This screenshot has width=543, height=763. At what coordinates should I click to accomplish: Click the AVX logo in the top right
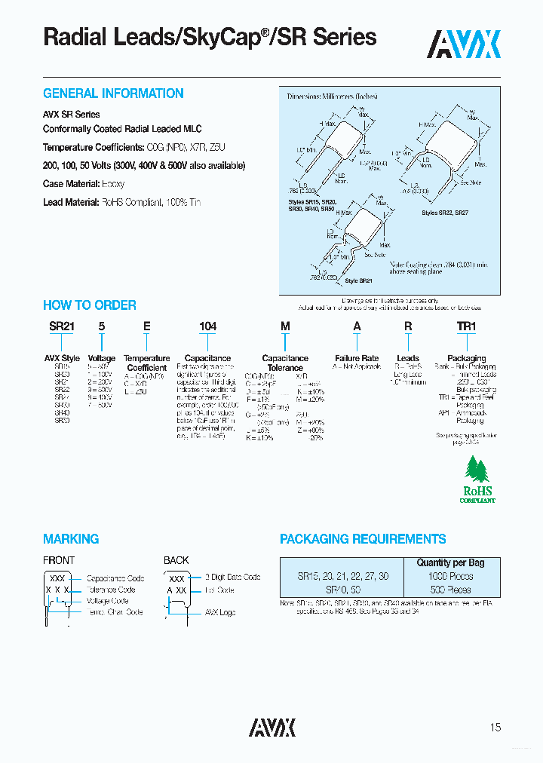coord(465,44)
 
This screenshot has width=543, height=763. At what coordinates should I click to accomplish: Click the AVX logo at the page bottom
coord(272,727)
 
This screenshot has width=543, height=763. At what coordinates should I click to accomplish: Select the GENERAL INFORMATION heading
coord(113,93)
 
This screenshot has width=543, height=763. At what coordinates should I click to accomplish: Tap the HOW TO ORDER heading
coord(90,305)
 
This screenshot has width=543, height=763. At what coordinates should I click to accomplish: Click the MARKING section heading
coord(71,539)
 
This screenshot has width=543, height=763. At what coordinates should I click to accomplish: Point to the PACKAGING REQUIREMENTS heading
coord(363,539)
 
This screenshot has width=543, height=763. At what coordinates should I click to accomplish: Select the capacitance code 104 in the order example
coord(207,326)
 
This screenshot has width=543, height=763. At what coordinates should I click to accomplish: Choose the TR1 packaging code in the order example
coord(467,326)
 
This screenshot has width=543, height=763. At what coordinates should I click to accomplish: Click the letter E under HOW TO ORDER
coord(147,326)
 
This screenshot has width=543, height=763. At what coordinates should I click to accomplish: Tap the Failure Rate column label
coord(357,358)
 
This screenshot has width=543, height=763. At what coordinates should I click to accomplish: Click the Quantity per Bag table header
coord(450,562)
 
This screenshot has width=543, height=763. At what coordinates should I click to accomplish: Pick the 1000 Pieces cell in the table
coord(450,576)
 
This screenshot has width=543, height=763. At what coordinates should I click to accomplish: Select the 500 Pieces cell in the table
coord(450,590)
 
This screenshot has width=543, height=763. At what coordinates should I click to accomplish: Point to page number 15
coord(495,728)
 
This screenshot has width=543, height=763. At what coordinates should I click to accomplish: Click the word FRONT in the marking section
coord(59,560)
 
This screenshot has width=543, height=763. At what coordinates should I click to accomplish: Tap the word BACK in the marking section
coord(176,560)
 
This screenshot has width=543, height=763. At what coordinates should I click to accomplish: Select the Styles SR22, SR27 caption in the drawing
coord(446,214)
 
